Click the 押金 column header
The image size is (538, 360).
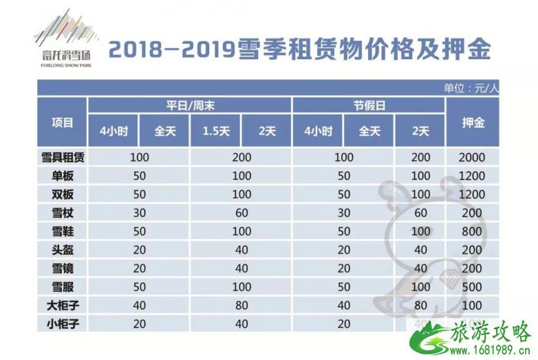click(473, 122)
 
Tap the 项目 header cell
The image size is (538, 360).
click(62, 122)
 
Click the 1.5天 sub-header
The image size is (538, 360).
click(216, 131)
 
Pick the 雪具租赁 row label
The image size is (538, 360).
click(62, 157)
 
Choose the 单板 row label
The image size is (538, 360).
click(62, 175)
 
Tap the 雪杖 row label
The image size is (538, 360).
click(62, 212)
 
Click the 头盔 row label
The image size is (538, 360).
click(62, 249)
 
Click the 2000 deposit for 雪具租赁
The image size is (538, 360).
click(473, 157)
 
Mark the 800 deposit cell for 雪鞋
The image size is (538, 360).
click(473, 230)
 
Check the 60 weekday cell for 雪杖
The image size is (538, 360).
click(241, 212)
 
